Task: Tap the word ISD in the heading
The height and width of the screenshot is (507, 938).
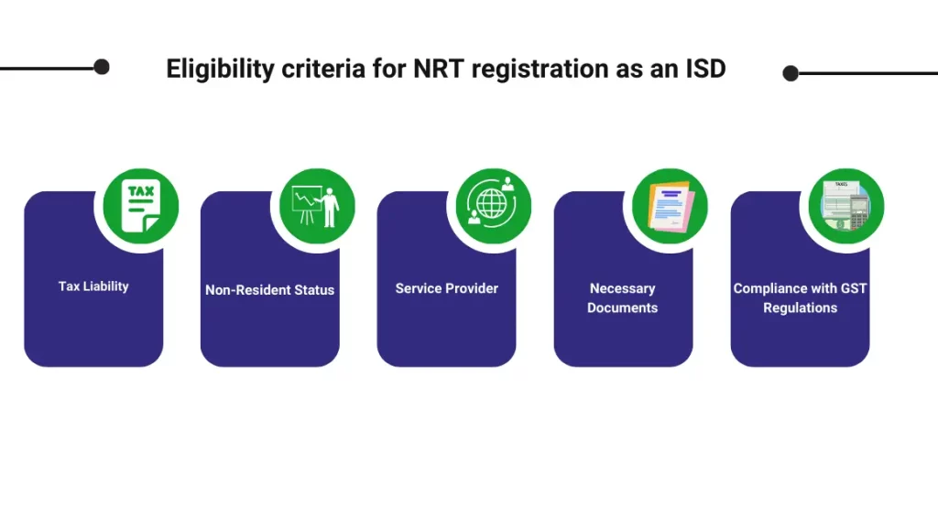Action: tap(706, 69)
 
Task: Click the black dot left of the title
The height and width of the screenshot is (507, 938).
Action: tap(102, 67)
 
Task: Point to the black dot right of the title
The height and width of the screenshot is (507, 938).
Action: tap(791, 73)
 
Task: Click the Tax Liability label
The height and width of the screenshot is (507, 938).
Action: tap(93, 286)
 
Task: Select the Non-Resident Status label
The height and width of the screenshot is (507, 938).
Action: tap(270, 290)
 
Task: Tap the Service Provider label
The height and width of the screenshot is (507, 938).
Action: tap(447, 288)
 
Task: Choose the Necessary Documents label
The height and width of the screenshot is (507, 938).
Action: tap(623, 297)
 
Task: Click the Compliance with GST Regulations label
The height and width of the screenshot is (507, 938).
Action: tap(800, 297)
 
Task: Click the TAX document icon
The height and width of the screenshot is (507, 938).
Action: tap(140, 206)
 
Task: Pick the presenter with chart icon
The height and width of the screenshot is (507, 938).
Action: tap(316, 206)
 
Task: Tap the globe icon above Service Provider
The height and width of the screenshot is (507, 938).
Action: tap(492, 206)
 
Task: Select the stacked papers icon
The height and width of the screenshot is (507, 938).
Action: tap(670, 206)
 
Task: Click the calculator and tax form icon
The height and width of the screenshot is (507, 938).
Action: tap(845, 206)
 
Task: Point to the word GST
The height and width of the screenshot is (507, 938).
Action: tap(854, 288)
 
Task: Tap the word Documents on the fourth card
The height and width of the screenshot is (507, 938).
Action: tap(623, 307)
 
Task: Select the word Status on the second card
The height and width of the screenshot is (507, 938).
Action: tap(315, 290)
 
